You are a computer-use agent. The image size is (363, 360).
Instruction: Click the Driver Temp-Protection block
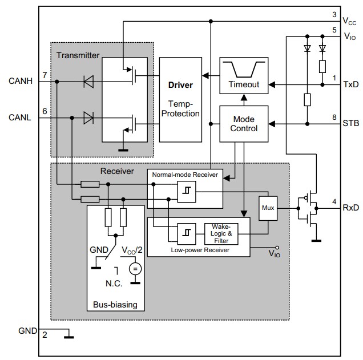click(x=180, y=99)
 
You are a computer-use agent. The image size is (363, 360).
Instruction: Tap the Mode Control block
click(x=244, y=123)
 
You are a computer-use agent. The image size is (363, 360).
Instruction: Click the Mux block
click(x=268, y=208)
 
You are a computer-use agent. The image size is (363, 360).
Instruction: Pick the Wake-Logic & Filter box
click(x=220, y=233)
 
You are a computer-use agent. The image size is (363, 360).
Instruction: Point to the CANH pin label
click(x=21, y=82)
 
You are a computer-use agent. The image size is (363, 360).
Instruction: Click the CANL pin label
click(x=21, y=118)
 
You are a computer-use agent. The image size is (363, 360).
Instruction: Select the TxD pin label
click(x=350, y=84)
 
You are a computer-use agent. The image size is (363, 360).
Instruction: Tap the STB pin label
click(x=350, y=123)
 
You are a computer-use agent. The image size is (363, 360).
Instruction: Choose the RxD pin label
click(x=350, y=208)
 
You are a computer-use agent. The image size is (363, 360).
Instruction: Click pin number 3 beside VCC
click(x=334, y=14)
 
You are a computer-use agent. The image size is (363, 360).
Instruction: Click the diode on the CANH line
click(x=88, y=82)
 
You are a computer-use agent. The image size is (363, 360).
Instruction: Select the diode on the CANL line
click(x=88, y=118)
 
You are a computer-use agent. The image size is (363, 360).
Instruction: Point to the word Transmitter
click(x=78, y=55)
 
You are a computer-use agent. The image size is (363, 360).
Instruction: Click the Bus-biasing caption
click(x=115, y=305)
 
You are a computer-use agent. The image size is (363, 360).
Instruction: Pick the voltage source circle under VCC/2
click(x=135, y=269)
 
